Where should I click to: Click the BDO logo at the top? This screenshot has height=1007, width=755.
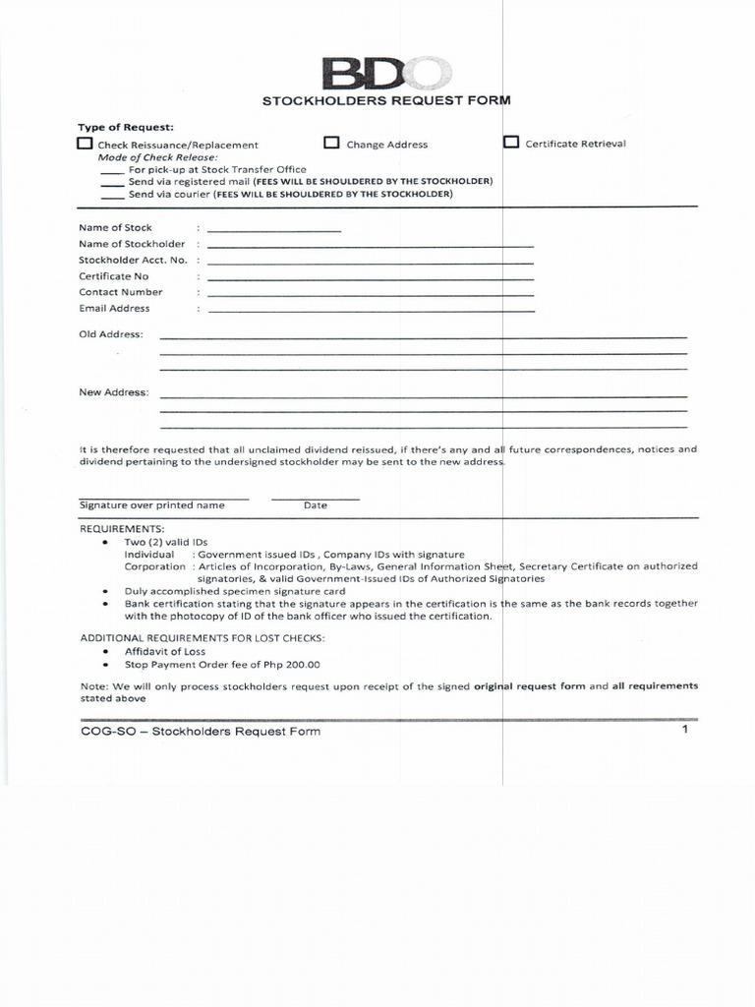387,74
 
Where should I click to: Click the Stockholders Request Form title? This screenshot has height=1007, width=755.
385,100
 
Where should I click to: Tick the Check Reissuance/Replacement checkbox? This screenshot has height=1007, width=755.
86,144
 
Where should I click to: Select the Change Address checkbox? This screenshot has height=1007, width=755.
331,144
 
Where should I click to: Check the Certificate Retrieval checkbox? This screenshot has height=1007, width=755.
511,143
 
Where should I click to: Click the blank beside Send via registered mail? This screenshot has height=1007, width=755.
112,183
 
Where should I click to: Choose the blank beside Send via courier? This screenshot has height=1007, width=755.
112,196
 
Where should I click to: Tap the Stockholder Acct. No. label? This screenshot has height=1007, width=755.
133,260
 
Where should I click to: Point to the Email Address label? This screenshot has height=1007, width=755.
114,308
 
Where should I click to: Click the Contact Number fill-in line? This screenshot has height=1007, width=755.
371,294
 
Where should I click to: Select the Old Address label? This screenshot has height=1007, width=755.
111,334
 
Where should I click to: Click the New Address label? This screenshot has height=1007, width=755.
114,392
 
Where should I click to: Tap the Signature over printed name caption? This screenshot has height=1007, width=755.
151,505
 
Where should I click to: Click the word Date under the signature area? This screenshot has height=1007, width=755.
315,505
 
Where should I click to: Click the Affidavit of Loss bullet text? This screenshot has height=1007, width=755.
165,652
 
